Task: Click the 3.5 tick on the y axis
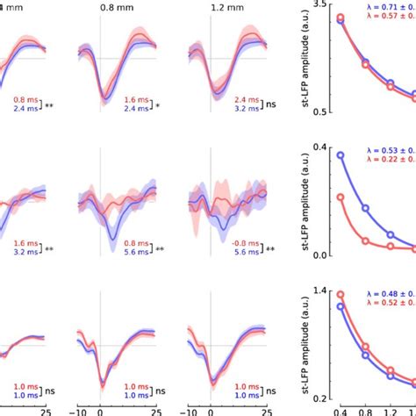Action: (321, 5)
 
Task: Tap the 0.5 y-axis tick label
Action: (321, 112)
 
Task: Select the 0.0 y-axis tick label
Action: (321, 255)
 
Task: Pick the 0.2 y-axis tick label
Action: (321, 398)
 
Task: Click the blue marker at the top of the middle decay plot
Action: (341, 155)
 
